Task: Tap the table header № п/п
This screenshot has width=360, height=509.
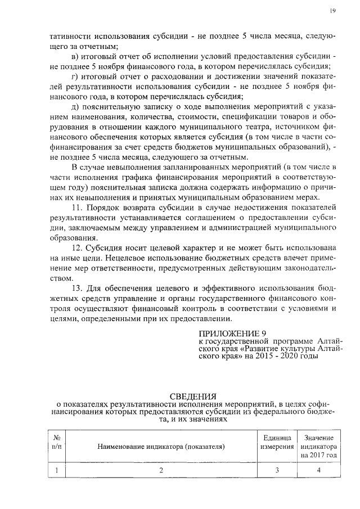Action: click(56, 442)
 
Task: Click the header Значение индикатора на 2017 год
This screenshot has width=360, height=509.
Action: click(318, 446)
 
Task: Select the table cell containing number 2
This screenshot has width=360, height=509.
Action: click(161, 471)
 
